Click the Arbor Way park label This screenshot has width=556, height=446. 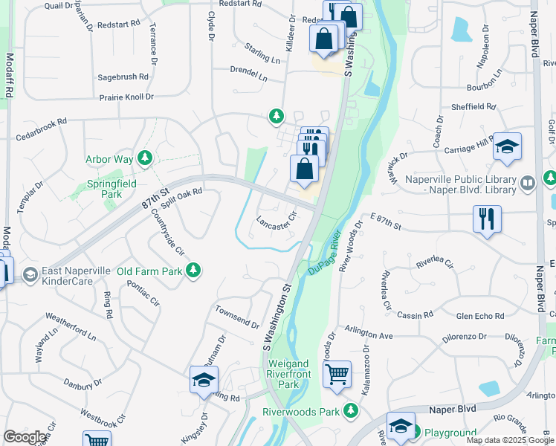click(109, 159)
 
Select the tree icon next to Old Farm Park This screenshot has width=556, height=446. click(194, 270)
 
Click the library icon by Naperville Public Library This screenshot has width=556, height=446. click(527, 182)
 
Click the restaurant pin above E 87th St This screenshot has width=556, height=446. click(488, 219)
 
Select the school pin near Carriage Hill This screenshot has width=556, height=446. click(508, 146)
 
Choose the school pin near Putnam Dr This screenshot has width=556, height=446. click(204, 380)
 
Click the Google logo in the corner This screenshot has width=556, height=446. click(25, 437)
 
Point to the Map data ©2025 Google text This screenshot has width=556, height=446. click(511, 440)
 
